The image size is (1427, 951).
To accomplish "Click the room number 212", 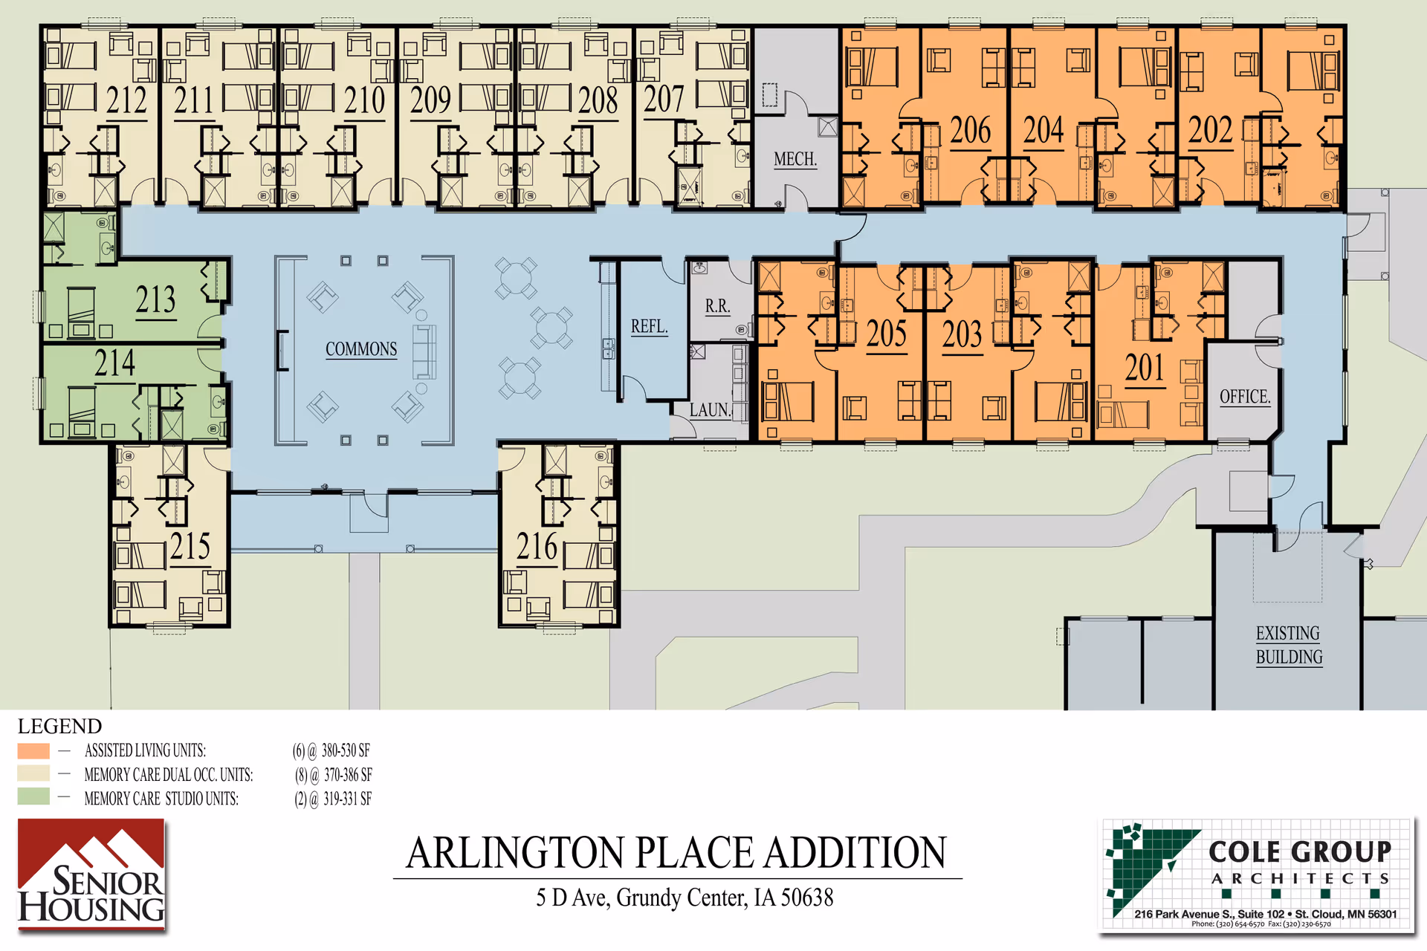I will click(126, 100).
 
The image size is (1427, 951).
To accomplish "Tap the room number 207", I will click(663, 99).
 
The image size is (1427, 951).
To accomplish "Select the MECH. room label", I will click(795, 159).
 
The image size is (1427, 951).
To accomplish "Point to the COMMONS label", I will click(361, 349).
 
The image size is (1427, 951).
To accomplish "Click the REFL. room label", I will click(649, 326).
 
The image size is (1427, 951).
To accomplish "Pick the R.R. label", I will click(717, 305).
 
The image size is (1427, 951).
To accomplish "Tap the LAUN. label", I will click(710, 409).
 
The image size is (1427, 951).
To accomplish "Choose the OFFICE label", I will click(1245, 397).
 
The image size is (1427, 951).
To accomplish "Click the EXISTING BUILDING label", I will click(1289, 645).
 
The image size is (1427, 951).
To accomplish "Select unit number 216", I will click(537, 547).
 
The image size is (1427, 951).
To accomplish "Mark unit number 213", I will click(155, 300).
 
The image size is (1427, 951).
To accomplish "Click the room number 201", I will click(1145, 368).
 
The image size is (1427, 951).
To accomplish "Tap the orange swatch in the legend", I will click(33, 750).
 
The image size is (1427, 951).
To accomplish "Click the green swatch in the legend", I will click(33, 797).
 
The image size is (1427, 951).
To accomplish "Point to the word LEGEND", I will click(59, 726).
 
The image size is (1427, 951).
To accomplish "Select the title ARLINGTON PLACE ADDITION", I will click(676, 853).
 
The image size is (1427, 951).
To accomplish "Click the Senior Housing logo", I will click(91, 875).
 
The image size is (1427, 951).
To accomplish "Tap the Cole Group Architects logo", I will click(1257, 875).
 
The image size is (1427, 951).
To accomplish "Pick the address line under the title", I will click(685, 898).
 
